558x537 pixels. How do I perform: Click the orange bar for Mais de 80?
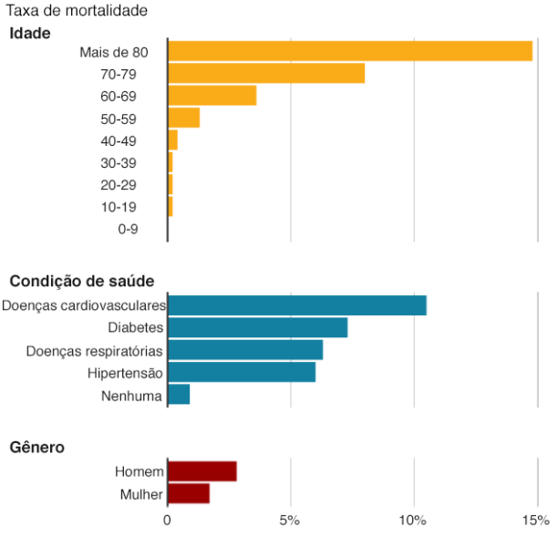[x=350, y=51]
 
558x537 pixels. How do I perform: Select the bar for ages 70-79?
[x=266, y=73]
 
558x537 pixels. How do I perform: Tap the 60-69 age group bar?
[x=212, y=96]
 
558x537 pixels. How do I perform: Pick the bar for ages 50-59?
[x=183, y=118]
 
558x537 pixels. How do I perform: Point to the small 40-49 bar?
[x=172, y=139]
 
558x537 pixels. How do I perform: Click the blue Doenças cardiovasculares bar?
[x=297, y=305]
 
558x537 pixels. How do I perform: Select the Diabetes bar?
[x=258, y=327]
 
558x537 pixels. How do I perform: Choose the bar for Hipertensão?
[x=242, y=372]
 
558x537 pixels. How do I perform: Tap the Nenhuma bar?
[x=179, y=394]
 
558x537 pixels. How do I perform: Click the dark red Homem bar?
[x=202, y=471]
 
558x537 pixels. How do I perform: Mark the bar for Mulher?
[x=189, y=493]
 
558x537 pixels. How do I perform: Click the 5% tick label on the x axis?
[x=289, y=521]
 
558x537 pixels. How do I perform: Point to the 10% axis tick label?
[x=412, y=521]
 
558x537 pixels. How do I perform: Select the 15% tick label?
[x=536, y=521]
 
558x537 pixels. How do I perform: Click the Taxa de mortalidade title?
[x=77, y=10]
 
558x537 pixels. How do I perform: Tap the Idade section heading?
[x=30, y=33]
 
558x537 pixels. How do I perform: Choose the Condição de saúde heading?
[x=82, y=281]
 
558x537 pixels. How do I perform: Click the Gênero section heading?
[x=37, y=447]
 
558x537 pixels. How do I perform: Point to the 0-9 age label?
[x=128, y=229]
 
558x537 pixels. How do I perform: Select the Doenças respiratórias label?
[x=94, y=351]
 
